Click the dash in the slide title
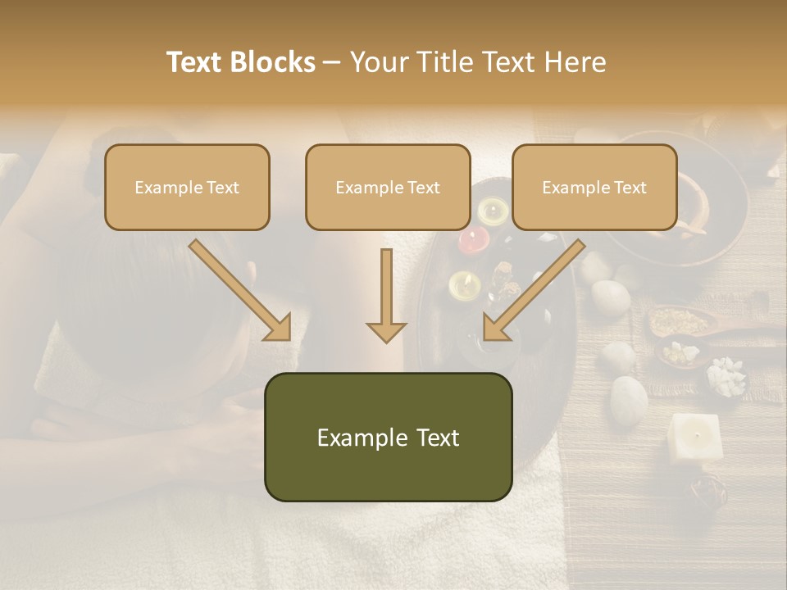[x=332, y=63]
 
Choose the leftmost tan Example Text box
[x=187, y=187]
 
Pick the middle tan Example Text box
[x=388, y=187]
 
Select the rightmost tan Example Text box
[x=594, y=187]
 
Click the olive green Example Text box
[x=388, y=437]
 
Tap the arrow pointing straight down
[x=386, y=297]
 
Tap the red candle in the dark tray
[x=473, y=239]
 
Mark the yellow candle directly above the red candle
[x=493, y=211]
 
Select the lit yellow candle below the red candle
[x=464, y=285]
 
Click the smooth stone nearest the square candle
[x=629, y=398]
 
